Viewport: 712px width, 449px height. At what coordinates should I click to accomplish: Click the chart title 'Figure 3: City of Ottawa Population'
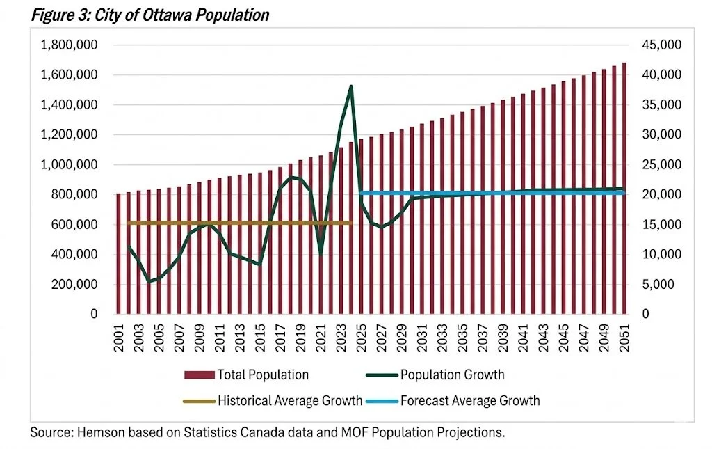149,15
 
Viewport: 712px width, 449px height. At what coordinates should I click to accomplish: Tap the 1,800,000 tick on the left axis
67,45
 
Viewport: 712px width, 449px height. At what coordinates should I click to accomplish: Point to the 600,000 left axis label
73,225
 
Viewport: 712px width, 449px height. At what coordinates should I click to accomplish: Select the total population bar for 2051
624,188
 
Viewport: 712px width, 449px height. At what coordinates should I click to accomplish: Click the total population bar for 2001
119,254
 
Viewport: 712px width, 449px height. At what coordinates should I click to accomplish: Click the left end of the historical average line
129,223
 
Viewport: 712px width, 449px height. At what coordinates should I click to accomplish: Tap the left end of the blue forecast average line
362,193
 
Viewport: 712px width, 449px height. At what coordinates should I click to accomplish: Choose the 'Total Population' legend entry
262,375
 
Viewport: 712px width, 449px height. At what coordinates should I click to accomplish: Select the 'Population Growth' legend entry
452,375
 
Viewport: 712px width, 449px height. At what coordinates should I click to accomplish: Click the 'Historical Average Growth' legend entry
289,400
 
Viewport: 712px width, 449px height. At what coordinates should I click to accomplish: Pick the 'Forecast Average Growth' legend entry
469,400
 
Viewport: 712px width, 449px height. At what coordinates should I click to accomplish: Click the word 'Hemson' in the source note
95,432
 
